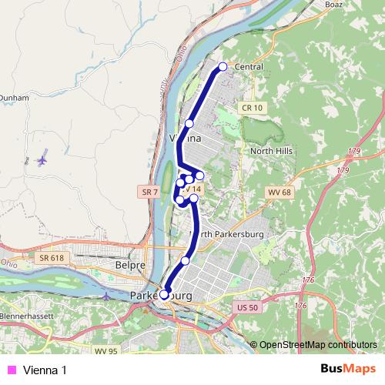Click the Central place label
click(x=248, y=67)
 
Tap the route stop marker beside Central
click(x=223, y=66)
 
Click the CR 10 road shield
click(x=251, y=107)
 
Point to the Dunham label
click(x=12, y=99)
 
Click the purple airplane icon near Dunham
click(x=41, y=160)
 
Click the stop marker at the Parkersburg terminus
click(x=164, y=294)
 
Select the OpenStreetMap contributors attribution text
click(x=318, y=344)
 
